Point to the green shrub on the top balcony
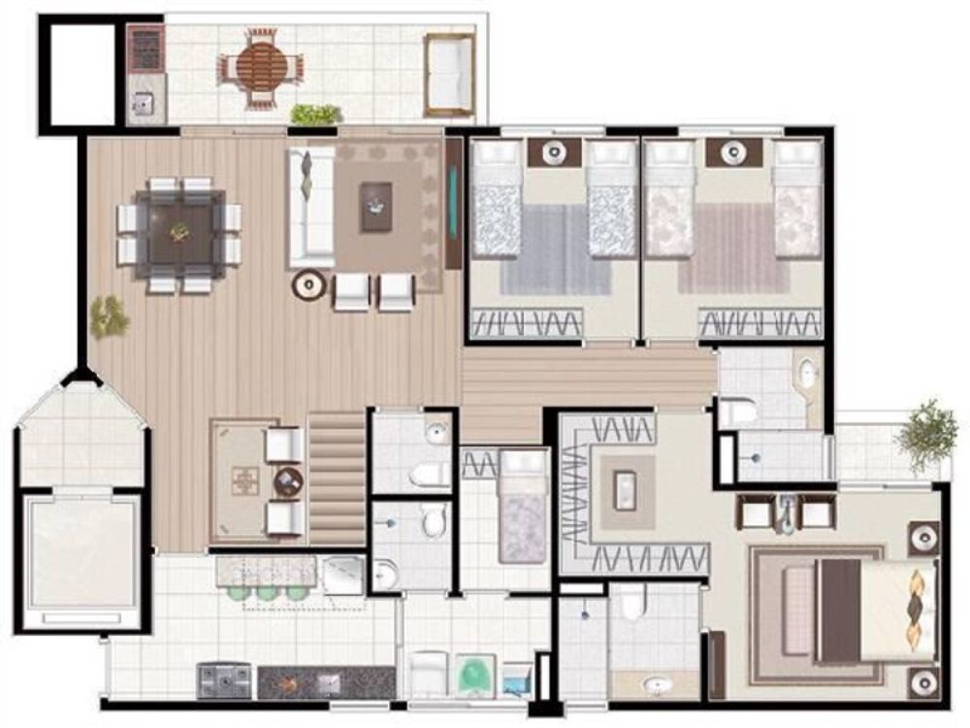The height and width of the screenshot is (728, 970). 316,115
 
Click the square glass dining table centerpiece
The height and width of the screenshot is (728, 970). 179,231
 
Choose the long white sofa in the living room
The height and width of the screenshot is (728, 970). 309,207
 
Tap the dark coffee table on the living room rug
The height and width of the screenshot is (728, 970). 375,207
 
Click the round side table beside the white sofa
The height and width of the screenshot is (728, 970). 309,284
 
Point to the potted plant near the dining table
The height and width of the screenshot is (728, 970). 108,316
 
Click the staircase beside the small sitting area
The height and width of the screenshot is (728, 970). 337,477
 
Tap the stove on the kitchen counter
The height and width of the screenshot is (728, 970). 224,678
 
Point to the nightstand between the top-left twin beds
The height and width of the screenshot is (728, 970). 554,152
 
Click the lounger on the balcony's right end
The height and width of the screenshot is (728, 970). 449,75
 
